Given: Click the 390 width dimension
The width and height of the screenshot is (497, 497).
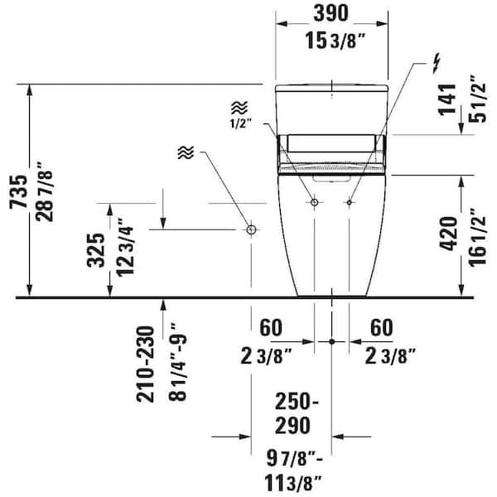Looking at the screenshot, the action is pos(331,13).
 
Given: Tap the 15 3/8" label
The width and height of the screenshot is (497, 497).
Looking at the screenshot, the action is pos(335,41).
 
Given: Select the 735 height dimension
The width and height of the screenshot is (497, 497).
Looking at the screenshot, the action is pos(18,192).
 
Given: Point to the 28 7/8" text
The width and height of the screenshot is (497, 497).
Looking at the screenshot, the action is pos(44,192).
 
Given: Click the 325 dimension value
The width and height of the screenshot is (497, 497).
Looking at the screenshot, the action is pos(96,250).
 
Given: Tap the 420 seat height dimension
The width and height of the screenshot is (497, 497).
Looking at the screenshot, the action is pos(448,234).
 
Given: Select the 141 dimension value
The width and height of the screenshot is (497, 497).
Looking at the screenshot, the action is pos(447,100).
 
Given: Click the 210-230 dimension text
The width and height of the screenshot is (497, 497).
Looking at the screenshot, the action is pos(145,364).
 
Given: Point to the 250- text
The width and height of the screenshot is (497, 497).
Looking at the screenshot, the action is pos(297,402).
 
